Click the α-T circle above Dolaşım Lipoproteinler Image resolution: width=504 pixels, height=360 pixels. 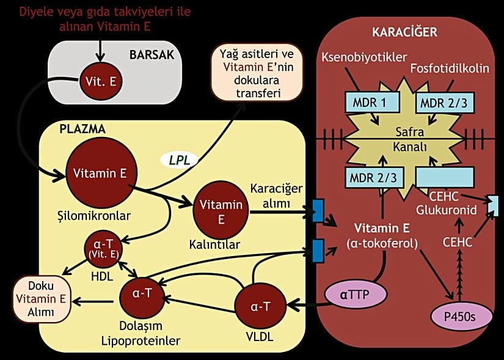tap(142, 293)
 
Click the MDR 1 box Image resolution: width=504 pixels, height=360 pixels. tap(370, 103)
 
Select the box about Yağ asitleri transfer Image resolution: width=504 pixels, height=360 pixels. tap(248, 73)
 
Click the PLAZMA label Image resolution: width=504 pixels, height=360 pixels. tap(82, 129)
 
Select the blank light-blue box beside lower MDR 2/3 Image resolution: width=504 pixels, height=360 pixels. tap(445, 178)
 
